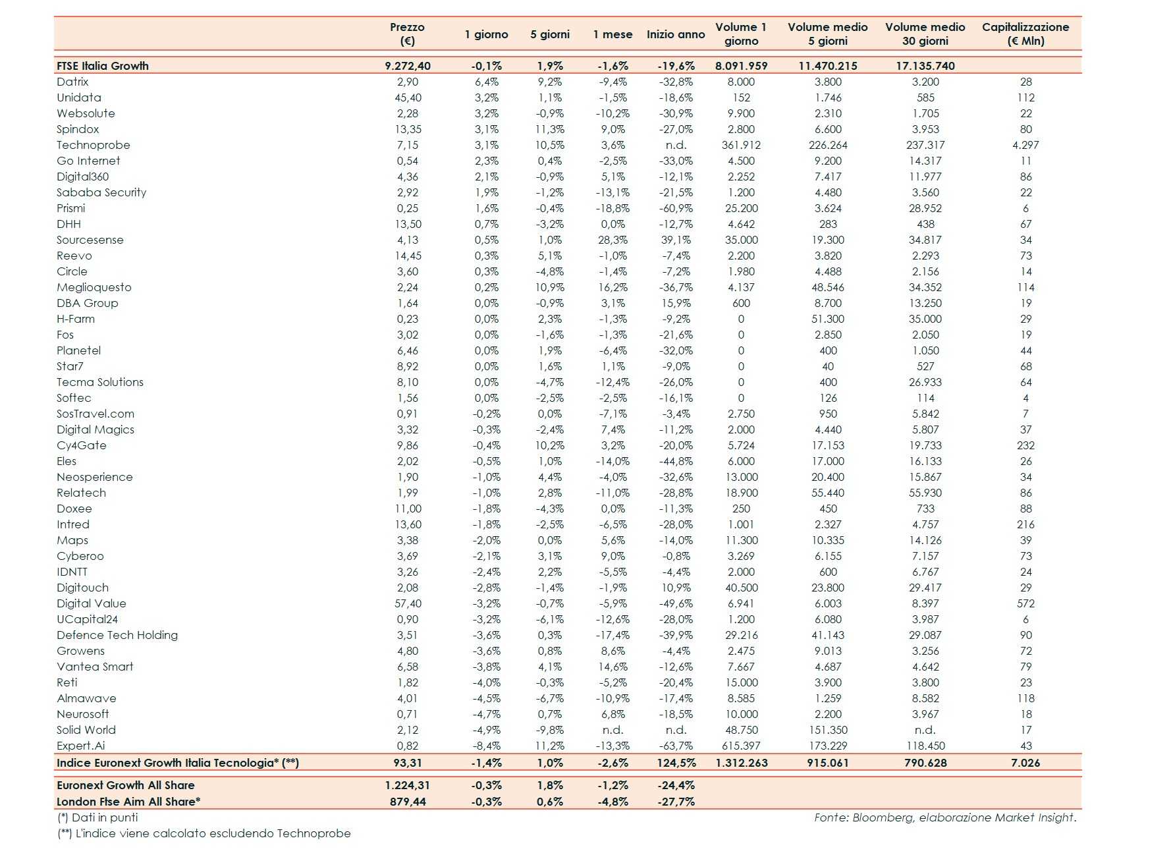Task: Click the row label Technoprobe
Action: coord(94,145)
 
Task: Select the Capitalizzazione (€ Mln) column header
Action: coord(1025,34)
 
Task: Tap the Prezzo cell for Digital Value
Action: coord(408,603)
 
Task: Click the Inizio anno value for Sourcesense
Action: coord(676,240)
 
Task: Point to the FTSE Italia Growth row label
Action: coord(103,66)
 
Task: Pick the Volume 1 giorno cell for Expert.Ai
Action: coord(741,746)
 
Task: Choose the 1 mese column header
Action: coord(613,34)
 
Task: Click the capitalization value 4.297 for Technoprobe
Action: coord(1025,145)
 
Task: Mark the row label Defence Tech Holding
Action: coord(117,635)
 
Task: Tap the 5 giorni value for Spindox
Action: coord(549,129)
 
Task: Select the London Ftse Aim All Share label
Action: coord(128,802)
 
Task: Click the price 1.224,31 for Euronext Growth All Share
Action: coord(408,785)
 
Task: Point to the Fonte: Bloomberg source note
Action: coord(945,817)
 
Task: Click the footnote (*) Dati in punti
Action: coord(97,817)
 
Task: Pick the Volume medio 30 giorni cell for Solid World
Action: coord(925,730)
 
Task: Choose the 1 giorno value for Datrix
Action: coord(487,82)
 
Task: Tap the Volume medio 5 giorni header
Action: coord(827,34)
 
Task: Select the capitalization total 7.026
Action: coord(1025,763)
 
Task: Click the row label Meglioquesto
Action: coord(94,287)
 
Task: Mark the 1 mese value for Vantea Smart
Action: coord(613,667)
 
